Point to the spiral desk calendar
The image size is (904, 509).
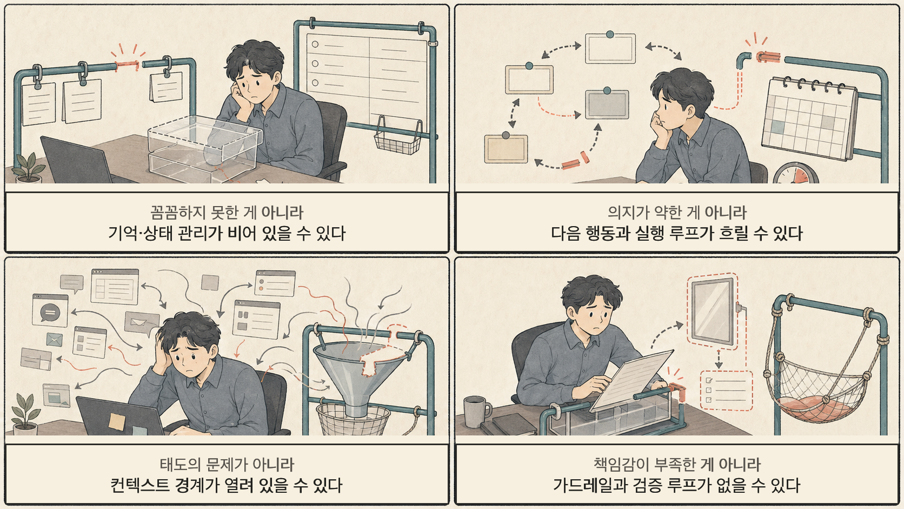pyautogui.click(x=808, y=119)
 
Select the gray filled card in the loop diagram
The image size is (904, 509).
pyautogui.click(x=607, y=104)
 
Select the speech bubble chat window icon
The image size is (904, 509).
pyautogui.click(x=50, y=312)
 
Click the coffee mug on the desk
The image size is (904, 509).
pyautogui.click(x=476, y=412)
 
